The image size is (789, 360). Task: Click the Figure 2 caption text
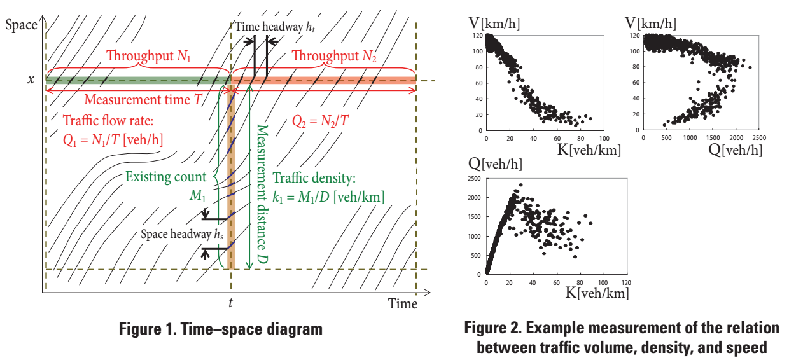click(622, 338)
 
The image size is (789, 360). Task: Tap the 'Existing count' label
click(165, 177)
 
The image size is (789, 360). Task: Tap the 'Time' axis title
click(403, 304)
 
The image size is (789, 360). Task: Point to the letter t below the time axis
click(231, 304)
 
